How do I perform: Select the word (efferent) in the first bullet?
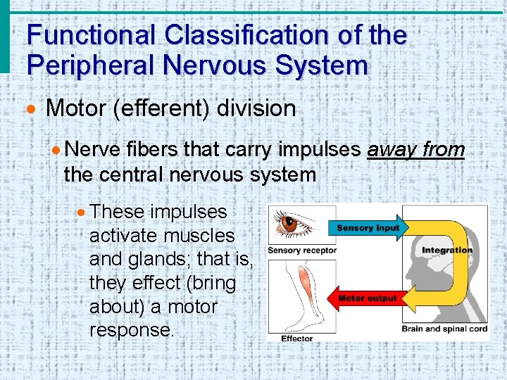(x=165, y=108)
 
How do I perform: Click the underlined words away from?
(x=415, y=149)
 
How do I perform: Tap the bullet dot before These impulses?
(x=83, y=212)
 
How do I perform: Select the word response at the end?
(x=131, y=331)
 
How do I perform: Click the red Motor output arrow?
(x=366, y=298)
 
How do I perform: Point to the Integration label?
(x=446, y=251)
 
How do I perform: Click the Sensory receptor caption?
(x=301, y=251)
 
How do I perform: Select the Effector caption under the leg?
(x=296, y=338)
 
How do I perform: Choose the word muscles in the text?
(x=199, y=235)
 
